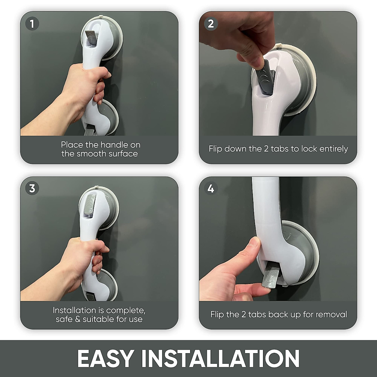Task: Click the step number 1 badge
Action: click(32, 24)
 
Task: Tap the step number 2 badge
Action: click(210, 24)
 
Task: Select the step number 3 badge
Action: click(32, 188)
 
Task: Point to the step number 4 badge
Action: click(210, 188)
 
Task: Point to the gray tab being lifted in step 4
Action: click(270, 276)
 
